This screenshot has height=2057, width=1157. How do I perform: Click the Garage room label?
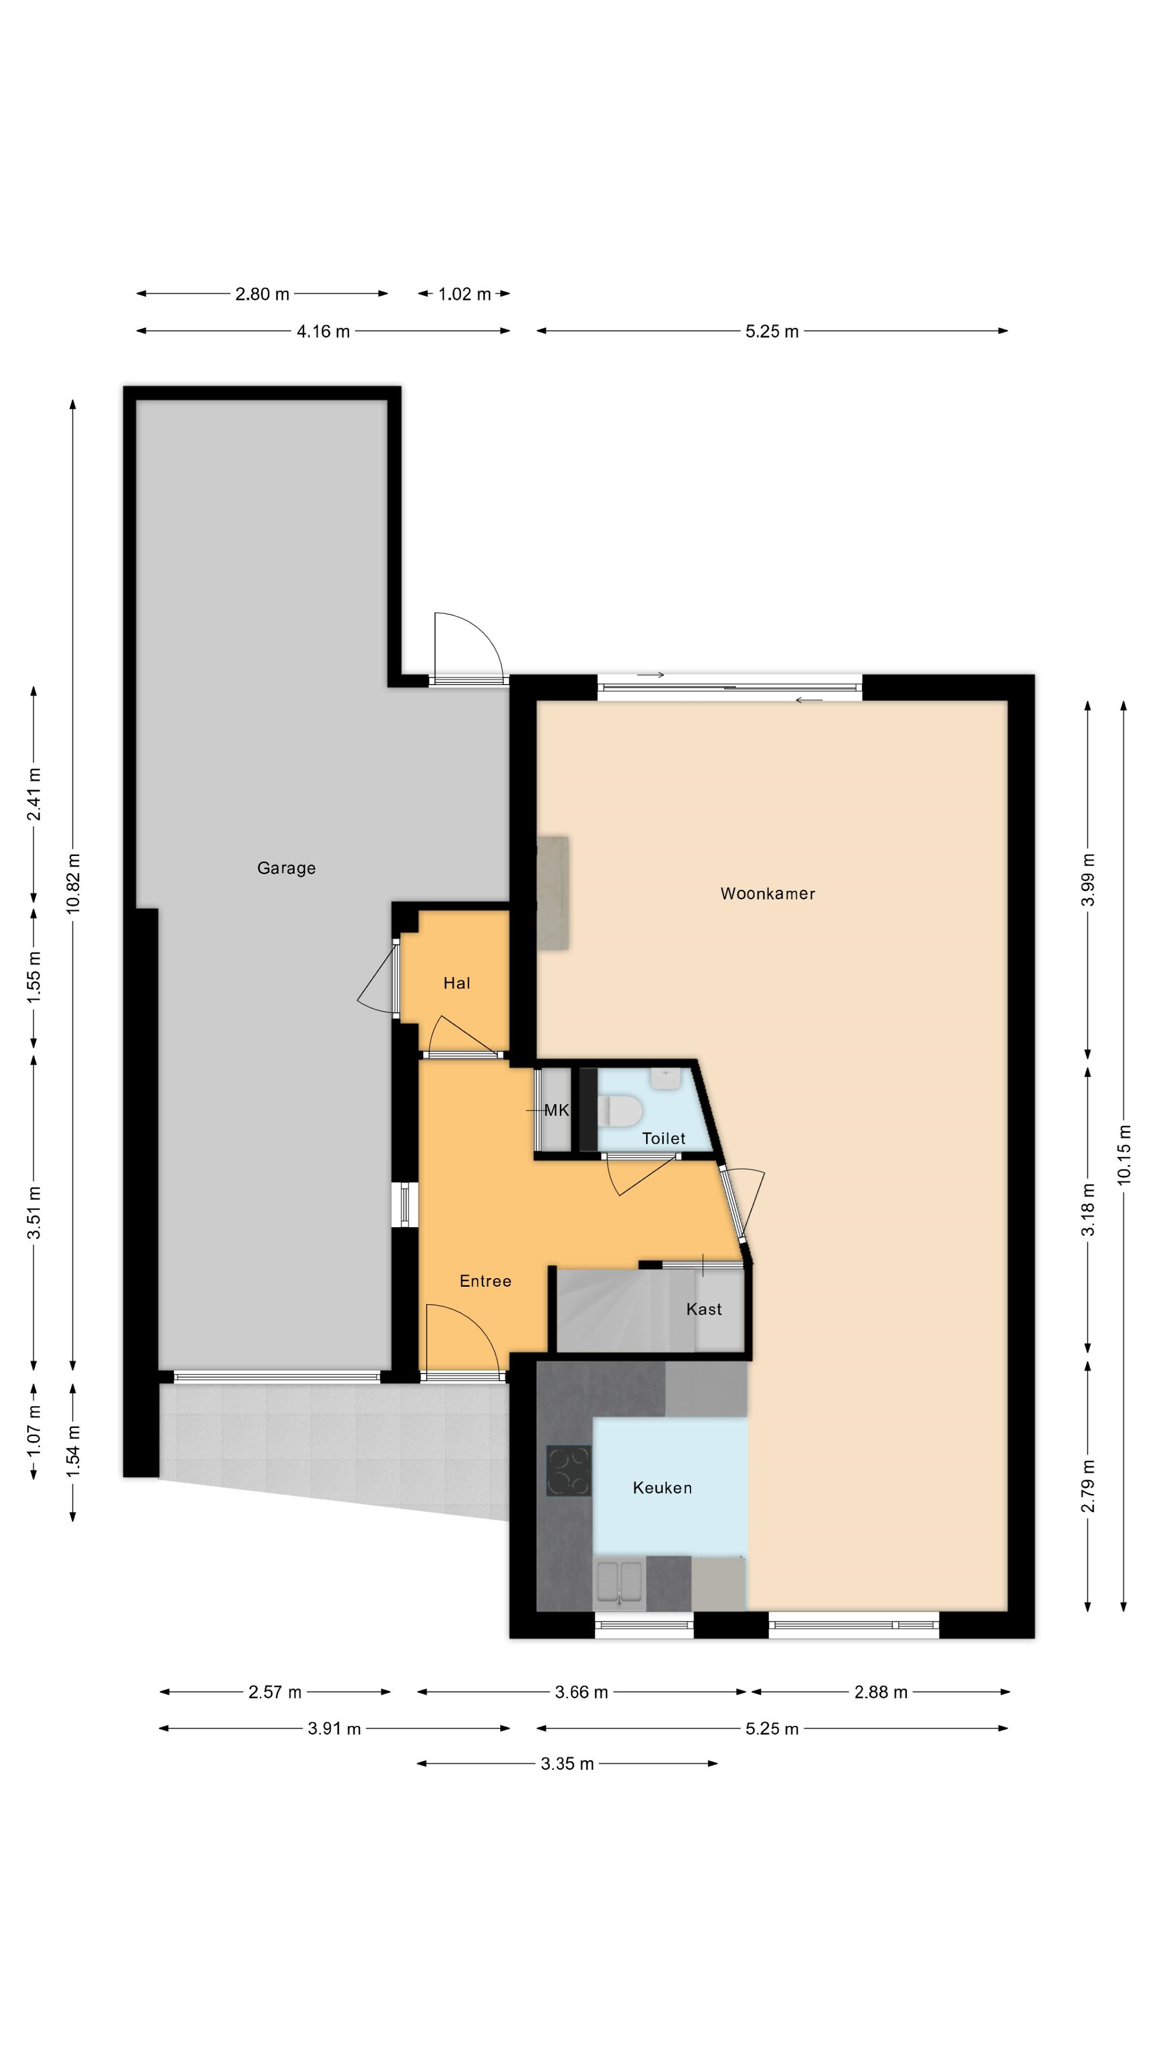coord(286,868)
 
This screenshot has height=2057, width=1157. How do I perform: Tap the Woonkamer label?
coord(768,894)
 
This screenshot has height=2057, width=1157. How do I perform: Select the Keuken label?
coord(662,1488)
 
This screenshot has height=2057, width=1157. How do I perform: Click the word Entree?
coord(485,1281)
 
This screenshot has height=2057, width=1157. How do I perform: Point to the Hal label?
coord(457,983)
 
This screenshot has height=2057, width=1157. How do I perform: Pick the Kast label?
coord(703,1309)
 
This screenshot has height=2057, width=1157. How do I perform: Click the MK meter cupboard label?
coord(557,1110)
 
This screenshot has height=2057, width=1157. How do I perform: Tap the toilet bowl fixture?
coord(620,1111)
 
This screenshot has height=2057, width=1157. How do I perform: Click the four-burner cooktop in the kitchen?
coord(568,1471)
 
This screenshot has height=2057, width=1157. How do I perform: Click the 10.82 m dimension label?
coord(73,883)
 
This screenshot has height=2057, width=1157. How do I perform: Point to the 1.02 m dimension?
coord(464,294)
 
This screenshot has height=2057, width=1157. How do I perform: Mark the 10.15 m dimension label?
coord(1124,1154)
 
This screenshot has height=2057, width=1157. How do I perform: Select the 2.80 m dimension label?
coord(262,294)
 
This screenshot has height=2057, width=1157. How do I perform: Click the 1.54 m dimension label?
coord(73,1451)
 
